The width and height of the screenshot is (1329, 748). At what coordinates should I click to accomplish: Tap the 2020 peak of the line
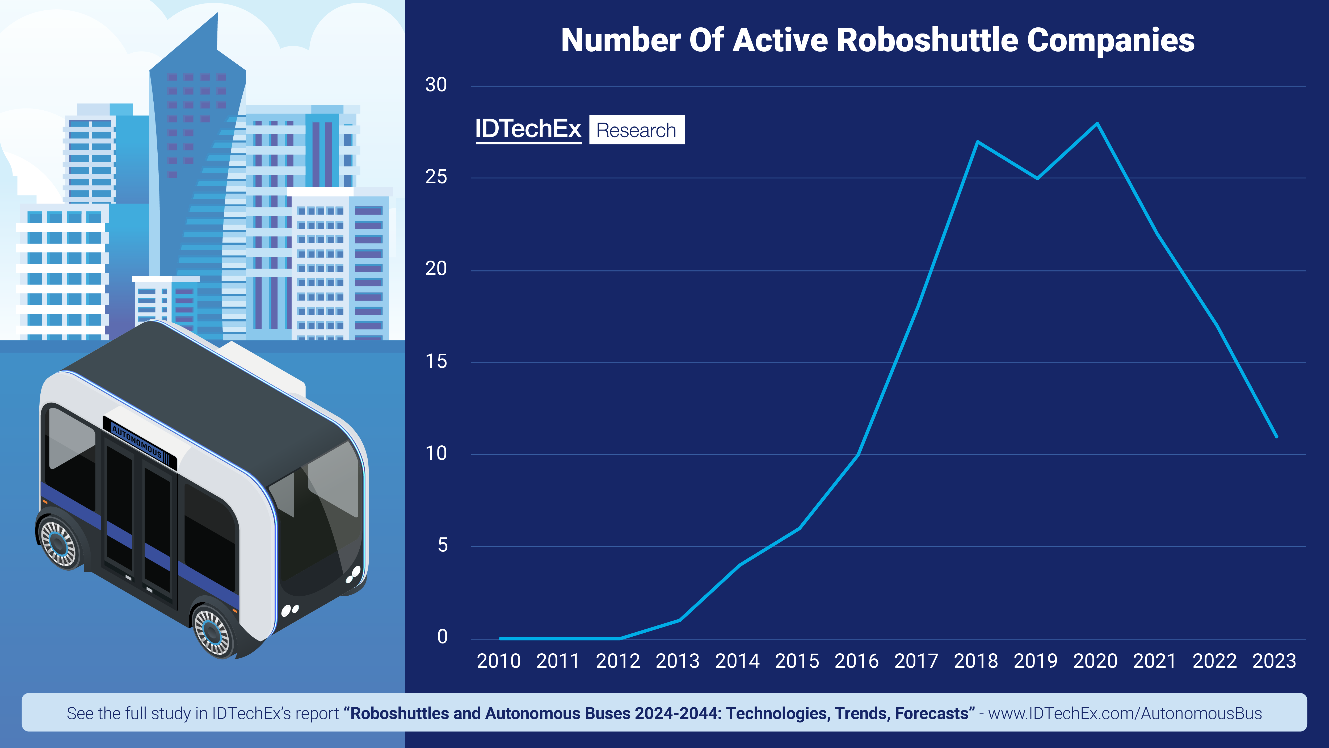1097,123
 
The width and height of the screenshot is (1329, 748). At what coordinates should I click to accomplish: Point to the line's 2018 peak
977,141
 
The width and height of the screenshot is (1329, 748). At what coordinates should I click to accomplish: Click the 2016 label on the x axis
856,661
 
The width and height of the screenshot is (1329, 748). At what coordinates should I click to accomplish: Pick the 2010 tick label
498,661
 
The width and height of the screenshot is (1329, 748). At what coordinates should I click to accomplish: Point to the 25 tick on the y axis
436,177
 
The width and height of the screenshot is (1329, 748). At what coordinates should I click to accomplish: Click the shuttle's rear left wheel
58,542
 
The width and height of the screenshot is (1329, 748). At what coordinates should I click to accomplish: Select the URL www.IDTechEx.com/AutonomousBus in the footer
1125,713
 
